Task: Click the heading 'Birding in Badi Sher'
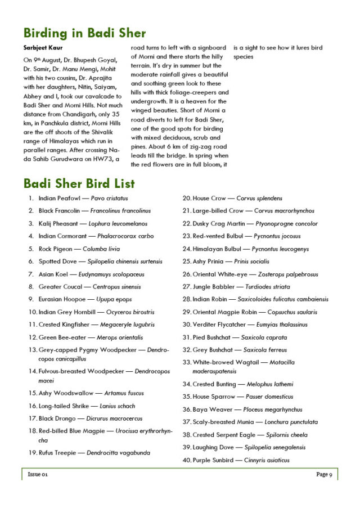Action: (x=84, y=33)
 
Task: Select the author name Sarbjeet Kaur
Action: (x=43, y=48)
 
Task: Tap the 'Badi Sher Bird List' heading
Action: (x=79, y=183)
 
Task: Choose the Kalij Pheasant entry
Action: (x=58, y=224)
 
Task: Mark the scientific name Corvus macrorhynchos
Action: (x=284, y=211)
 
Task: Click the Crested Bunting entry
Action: (x=215, y=385)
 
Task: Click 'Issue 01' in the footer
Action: (x=38, y=475)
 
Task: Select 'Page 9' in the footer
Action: (x=324, y=475)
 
